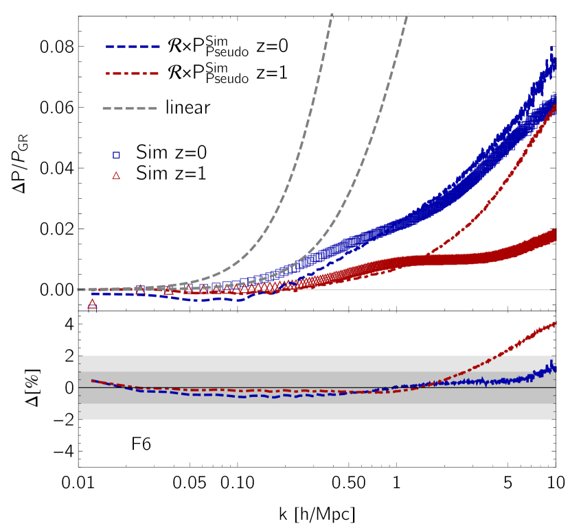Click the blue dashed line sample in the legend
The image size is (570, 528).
(133, 47)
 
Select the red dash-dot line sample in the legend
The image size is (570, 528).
(132, 73)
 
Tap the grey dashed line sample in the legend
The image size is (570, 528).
(130, 108)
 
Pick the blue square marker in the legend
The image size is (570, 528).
(116, 155)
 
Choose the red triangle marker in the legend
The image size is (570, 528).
(116, 176)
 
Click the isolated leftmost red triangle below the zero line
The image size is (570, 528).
(92, 304)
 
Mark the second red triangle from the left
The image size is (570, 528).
(140, 291)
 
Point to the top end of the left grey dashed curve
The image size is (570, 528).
(332, 14)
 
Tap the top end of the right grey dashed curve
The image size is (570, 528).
(407, 14)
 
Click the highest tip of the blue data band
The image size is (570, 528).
(551, 48)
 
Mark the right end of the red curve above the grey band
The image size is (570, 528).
(555, 322)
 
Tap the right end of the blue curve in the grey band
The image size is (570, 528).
(555, 369)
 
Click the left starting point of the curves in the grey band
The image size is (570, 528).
(92, 380)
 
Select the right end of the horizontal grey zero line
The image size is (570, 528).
(554, 289)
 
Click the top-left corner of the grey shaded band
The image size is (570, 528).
(80, 355)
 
